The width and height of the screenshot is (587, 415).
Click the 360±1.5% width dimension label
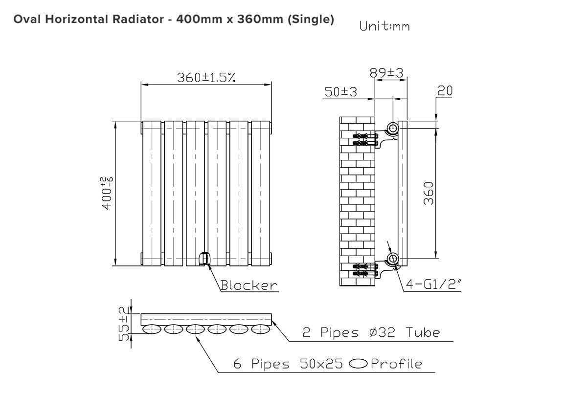click(x=206, y=78)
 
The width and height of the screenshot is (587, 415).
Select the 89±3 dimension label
click(x=386, y=73)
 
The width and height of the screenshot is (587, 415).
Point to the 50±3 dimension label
click(x=340, y=92)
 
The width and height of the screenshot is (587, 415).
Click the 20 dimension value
click(x=445, y=91)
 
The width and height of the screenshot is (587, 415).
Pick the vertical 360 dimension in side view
click(x=429, y=193)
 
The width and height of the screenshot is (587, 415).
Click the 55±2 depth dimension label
click(x=124, y=324)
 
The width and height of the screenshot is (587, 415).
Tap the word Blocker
click(x=249, y=285)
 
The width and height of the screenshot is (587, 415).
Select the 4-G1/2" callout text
click(x=434, y=284)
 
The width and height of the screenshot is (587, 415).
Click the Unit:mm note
click(x=384, y=26)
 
